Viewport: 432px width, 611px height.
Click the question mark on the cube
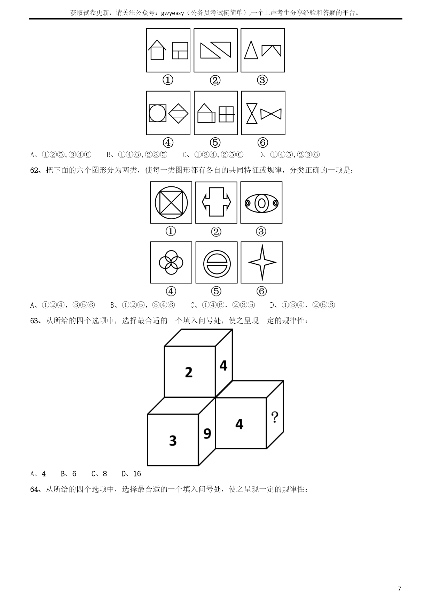click(275, 417)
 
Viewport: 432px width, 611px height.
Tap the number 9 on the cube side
click(207, 434)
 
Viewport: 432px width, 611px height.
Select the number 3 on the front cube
click(173, 441)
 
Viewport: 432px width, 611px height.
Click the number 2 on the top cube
click(189, 372)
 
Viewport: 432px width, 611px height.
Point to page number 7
click(399, 589)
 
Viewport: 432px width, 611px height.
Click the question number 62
click(35, 170)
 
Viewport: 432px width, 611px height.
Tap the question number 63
click(35, 321)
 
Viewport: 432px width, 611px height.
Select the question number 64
click(35, 489)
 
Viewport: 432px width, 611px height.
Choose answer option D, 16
click(131, 474)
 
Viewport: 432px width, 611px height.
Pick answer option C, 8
click(99, 474)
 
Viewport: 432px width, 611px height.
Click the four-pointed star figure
click(262, 262)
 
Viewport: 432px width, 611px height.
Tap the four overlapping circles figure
click(171, 262)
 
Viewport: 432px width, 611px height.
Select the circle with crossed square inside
click(171, 202)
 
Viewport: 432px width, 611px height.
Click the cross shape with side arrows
click(216, 202)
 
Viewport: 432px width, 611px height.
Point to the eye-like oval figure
click(261, 203)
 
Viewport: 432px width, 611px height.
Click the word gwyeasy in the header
click(173, 13)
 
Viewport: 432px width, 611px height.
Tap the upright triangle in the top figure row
click(251, 50)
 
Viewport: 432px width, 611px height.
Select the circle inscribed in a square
click(157, 113)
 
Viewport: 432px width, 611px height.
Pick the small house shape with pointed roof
click(157, 49)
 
